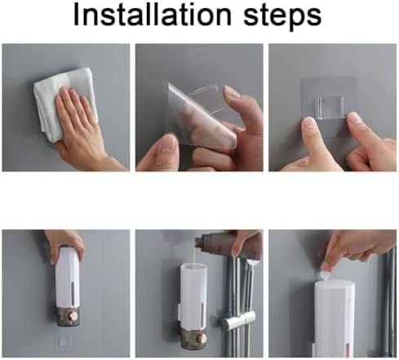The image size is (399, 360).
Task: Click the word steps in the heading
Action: pos(282,17)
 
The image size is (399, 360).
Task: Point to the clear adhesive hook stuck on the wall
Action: pos(330,109)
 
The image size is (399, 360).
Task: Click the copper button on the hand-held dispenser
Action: pos(74,317)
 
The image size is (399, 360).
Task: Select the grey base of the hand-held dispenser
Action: pos(69,317)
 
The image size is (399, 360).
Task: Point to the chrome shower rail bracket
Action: pos(238,320)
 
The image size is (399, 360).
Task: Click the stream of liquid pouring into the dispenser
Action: pos(195,256)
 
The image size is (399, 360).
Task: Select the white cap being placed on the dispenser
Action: pos(326,273)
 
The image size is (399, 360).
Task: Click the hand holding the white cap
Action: pos(353,247)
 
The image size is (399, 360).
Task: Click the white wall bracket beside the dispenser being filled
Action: pos(180,312)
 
